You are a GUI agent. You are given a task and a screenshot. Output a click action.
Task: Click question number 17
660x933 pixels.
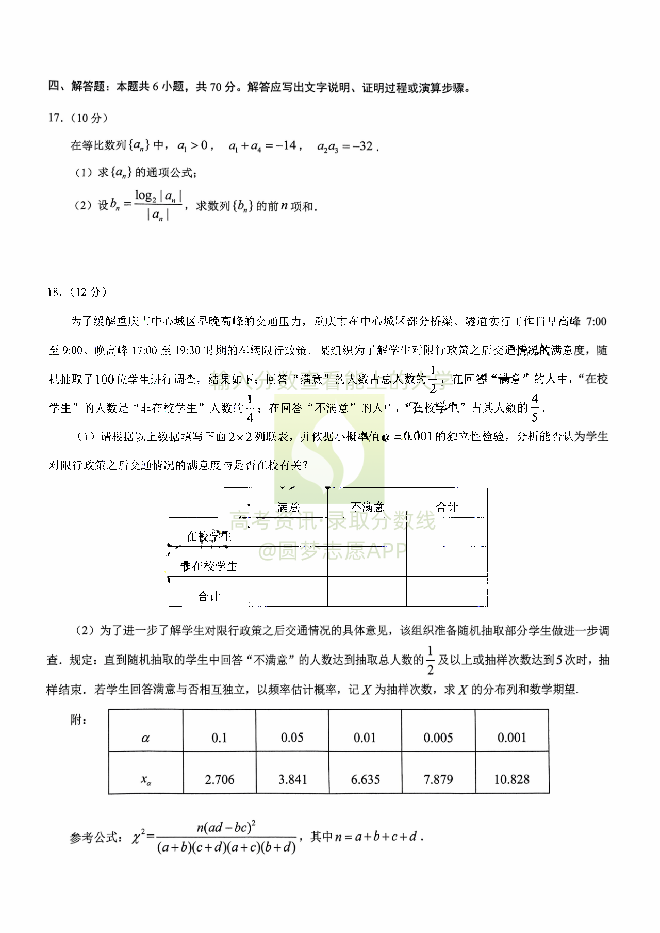point(55,118)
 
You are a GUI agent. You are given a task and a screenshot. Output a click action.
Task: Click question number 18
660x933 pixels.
point(55,292)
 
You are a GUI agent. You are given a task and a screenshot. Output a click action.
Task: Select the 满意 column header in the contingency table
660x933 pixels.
point(288,506)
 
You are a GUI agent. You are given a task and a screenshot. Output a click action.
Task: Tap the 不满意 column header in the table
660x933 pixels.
point(367,506)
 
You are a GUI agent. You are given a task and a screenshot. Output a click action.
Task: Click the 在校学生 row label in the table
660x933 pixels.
point(209,536)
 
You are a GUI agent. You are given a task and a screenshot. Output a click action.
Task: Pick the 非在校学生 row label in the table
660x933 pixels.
point(209,566)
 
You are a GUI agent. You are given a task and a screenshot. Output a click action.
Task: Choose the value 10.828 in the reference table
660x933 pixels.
point(511,779)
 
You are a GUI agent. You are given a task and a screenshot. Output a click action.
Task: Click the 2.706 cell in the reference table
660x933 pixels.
point(220,779)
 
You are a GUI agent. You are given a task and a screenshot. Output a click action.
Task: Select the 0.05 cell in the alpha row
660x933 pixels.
point(292,738)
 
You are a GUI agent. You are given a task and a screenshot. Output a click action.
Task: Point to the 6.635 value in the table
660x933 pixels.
point(365,779)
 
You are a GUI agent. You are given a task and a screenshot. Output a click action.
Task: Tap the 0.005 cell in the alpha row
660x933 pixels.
point(438,738)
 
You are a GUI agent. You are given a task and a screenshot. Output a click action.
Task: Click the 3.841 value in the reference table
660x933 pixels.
point(292,779)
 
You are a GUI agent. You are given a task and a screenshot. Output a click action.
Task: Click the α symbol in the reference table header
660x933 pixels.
point(145,738)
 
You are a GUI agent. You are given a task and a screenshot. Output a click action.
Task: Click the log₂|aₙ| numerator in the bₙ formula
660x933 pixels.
point(158,196)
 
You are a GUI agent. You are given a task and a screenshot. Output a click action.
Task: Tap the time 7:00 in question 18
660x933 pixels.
point(597,322)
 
